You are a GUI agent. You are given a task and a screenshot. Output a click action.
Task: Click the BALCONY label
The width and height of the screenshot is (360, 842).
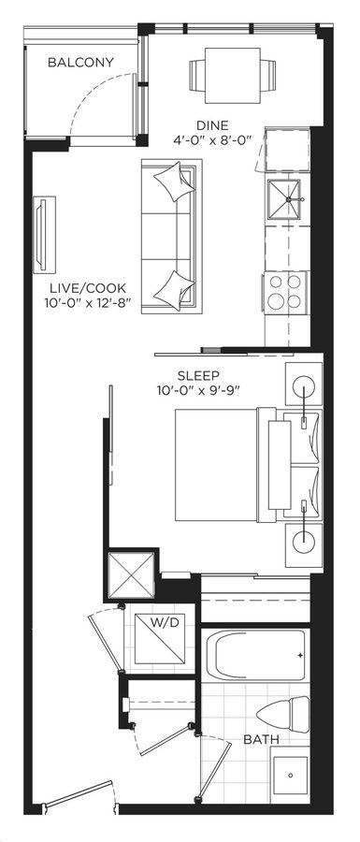point(80,63)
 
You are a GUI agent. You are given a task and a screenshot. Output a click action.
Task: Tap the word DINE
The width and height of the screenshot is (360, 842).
point(212,125)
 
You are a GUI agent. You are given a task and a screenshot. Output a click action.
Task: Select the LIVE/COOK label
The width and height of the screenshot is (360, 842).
point(85,288)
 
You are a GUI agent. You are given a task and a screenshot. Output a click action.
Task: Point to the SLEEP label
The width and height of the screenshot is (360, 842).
point(198,375)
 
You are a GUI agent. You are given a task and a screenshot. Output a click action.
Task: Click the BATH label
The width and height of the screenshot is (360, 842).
point(261,739)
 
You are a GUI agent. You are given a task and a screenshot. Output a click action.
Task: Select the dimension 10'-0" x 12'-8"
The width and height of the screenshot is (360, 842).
point(85,303)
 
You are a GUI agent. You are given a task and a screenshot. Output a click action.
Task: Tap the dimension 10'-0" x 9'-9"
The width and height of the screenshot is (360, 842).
point(198,390)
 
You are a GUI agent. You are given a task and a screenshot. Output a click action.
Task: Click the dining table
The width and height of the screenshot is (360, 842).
point(232,76)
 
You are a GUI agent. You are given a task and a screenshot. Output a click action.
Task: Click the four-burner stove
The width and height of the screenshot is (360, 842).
point(285,291)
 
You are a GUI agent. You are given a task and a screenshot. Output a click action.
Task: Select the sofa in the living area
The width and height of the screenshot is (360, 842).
point(171,237)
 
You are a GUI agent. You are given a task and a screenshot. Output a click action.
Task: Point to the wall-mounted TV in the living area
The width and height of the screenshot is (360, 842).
point(44,235)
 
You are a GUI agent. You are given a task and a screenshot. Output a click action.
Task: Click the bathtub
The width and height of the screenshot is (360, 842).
point(255,654)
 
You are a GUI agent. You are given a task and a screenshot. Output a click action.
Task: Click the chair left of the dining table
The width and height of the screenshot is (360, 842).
point(197,76)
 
